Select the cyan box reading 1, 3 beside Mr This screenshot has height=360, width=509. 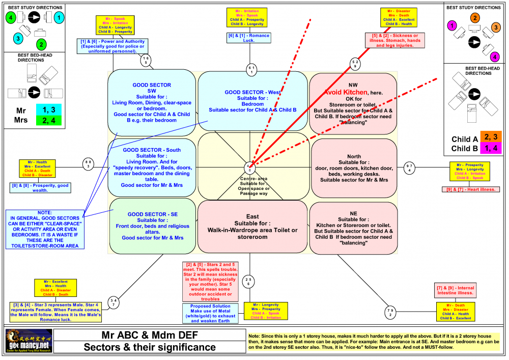click(45, 109)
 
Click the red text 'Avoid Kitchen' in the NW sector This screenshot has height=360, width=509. click(353, 92)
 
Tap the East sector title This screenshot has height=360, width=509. click(252, 216)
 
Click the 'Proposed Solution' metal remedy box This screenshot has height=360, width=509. click(211, 313)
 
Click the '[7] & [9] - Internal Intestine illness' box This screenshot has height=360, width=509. click(455, 291)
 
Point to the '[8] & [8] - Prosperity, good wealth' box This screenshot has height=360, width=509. click(40, 188)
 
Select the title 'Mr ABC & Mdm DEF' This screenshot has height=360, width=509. click(150, 336)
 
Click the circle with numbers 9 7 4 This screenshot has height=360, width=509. click(410, 168)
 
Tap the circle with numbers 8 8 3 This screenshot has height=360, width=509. click(89, 164)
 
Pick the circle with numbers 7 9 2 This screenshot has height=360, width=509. click(390, 312)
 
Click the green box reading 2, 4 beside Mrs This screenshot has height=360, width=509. click(45, 120)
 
